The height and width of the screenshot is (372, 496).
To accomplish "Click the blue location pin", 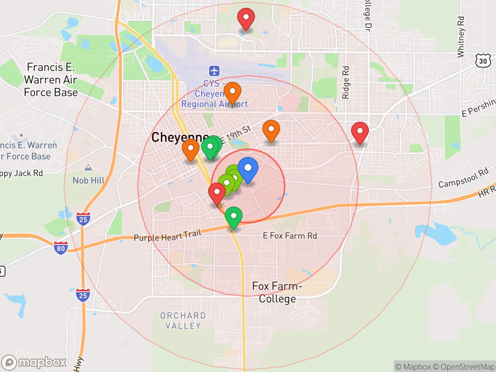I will (x=248, y=169).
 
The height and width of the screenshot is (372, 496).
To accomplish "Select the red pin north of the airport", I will (x=246, y=18).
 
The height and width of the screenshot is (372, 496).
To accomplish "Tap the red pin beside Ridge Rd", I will (x=360, y=131).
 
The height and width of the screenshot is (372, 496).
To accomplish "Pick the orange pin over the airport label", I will (x=232, y=92).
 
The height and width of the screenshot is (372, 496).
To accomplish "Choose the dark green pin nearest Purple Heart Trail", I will (x=233, y=216).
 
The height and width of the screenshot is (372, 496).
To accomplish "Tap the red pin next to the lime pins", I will (x=217, y=192).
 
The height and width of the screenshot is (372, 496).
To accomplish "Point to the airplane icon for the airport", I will (x=214, y=71).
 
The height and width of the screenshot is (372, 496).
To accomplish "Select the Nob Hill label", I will (x=88, y=181).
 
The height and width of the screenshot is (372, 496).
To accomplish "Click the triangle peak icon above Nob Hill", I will (x=88, y=167).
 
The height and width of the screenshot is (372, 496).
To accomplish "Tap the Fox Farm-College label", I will (x=277, y=293).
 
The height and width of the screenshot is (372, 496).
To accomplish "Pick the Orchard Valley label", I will (x=183, y=321).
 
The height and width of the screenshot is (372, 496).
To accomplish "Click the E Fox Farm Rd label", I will (x=290, y=236).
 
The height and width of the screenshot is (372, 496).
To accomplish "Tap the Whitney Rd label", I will (x=460, y=37).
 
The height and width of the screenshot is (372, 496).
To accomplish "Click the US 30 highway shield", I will (x=483, y=61).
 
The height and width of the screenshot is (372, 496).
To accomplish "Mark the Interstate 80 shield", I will (x=61, y=248).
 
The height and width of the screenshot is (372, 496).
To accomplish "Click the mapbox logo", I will (x=34, y=362).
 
